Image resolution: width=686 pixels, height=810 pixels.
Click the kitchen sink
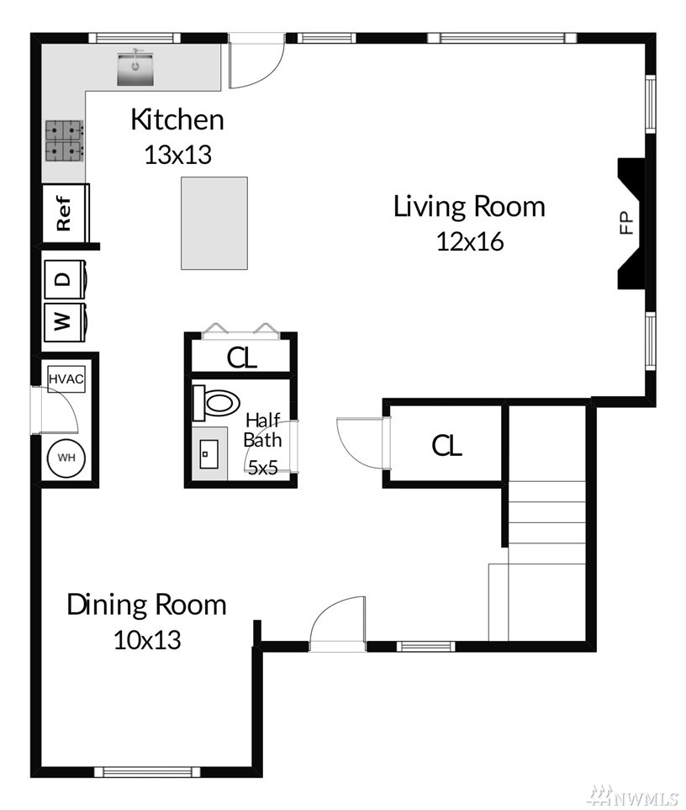click(x=135, y=68)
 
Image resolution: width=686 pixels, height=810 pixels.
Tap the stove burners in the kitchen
click(x=64, y=140)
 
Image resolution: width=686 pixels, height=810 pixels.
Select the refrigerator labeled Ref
click(x=66, y=212)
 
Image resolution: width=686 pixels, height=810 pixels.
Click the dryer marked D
click(x=65, y=279)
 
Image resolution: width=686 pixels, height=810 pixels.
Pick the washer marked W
click(x=65, y=322)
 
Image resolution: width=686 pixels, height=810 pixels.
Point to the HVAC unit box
click(x=66, y=379)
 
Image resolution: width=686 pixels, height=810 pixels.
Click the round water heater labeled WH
click(x=66, y=458)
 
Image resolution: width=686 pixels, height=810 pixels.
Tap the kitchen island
click(x=214, y=223)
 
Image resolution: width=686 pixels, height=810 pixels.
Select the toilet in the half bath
click(x=216, y=402)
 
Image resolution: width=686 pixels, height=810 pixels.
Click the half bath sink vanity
click(x=209, y=453)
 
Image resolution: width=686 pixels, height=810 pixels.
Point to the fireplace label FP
click(x=626, y=223)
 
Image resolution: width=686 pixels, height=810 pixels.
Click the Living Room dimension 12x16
click(x=470, y=241)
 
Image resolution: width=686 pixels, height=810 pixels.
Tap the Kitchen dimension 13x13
click(x=178, y=155)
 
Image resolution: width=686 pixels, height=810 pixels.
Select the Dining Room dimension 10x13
click(x=148, y=640)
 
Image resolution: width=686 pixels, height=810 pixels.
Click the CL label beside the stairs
click(x=447, y=445)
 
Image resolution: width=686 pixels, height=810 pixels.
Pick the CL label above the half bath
click(x=242, y=357)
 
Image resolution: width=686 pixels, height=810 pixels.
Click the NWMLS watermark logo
click(x=635, y=796)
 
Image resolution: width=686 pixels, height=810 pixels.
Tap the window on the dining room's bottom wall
click(x=146, y=772)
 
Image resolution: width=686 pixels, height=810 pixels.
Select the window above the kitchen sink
click(x=135, y=38)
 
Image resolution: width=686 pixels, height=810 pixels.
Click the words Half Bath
click(x=263, y=431)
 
